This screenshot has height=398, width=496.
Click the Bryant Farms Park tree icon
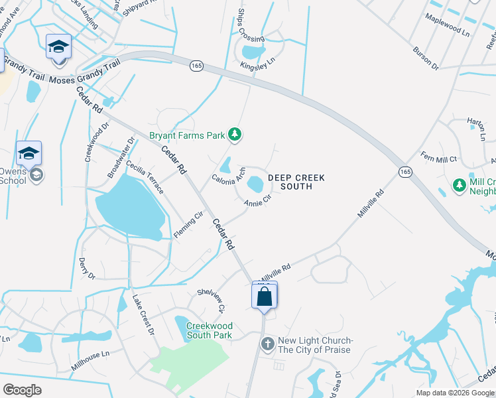(x=234, y=135)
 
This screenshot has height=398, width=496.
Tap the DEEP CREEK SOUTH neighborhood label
(x=290, y=182)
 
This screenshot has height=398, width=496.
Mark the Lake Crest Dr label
(x=143, y=315)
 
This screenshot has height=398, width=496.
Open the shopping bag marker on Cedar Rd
(x=264, y=296)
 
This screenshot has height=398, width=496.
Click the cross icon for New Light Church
(x=267, y=344)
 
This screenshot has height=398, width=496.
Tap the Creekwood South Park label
(x=209, y=330)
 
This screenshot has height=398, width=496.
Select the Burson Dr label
(x=425, y=58)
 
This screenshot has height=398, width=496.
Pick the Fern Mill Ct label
(x=439, y=159)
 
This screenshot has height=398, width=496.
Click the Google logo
(x=22, y=389)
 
